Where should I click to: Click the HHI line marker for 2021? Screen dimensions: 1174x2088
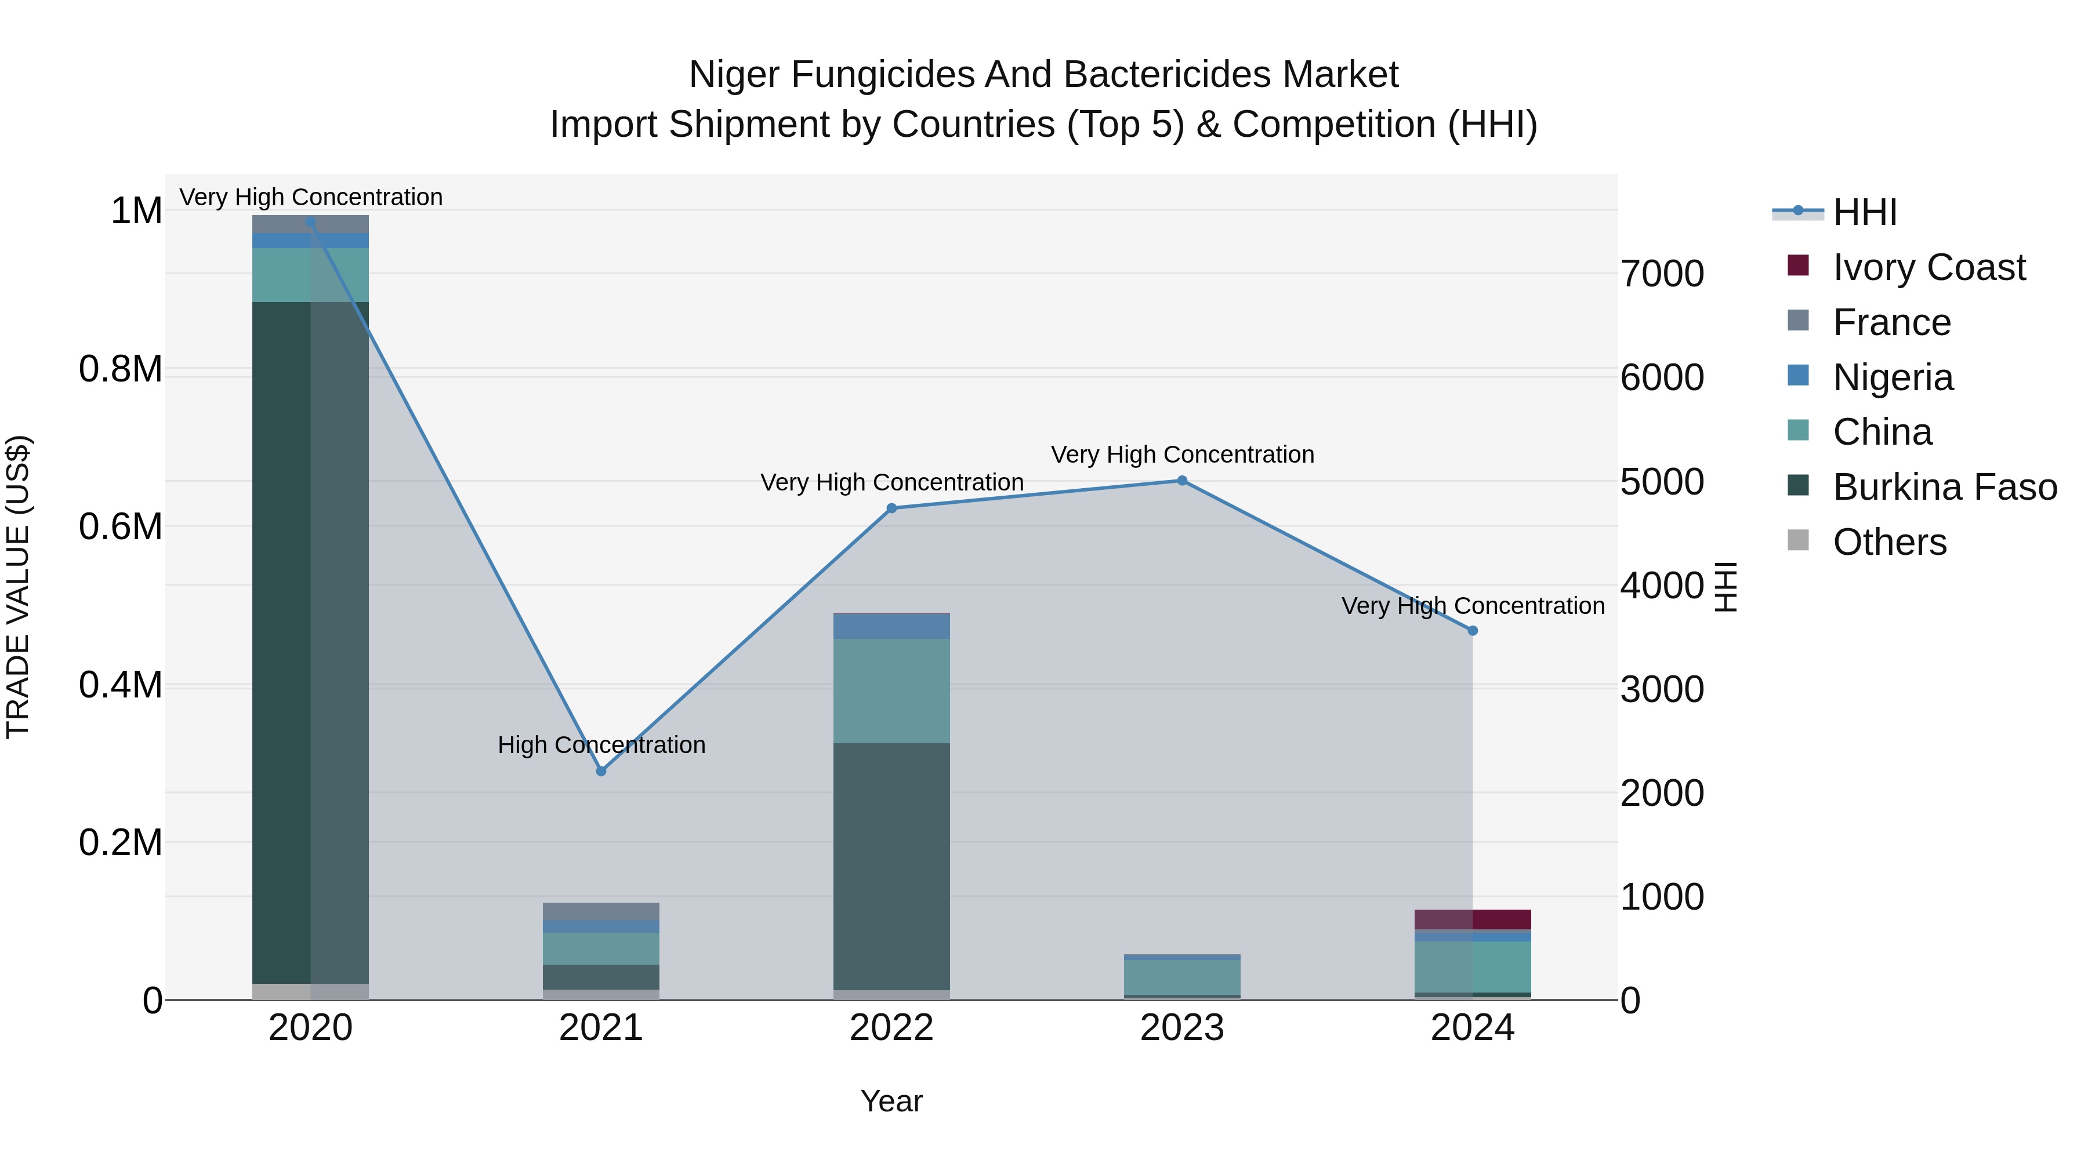pos(601,771)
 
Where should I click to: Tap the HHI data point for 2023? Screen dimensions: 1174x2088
pos(1182,481)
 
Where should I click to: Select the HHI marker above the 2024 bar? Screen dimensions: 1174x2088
pos(1473,630)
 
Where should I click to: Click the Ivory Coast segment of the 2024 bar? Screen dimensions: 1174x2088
pos(1473,919)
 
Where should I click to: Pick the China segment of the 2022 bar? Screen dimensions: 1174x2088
pos(891,690)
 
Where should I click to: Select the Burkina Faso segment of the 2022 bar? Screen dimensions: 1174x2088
pos(891,866)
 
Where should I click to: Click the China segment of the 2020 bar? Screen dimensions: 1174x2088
pos(310,275)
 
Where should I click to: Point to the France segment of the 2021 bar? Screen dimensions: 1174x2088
pos(601,911)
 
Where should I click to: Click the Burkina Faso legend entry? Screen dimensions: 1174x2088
pos(1944,487)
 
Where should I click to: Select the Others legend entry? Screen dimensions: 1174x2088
pos(1888,542)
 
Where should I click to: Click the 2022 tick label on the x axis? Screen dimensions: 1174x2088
pos(891,1028)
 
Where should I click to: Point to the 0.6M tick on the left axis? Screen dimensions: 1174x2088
pos(121,526)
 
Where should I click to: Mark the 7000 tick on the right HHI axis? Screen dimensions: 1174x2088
pos(1662,274)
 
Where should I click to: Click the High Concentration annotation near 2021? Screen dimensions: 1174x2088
pos(601,744)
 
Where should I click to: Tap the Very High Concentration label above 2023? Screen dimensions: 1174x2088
pos(1182,455)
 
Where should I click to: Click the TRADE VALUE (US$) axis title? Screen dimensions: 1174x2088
pos(18,587)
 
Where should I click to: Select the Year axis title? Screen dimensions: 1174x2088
pos(891,1101)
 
